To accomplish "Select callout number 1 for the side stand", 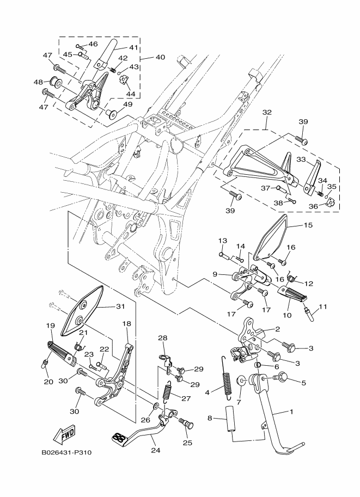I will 291,412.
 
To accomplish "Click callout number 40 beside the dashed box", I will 160,57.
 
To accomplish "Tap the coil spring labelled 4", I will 225,376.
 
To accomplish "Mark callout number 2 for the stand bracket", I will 277,329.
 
